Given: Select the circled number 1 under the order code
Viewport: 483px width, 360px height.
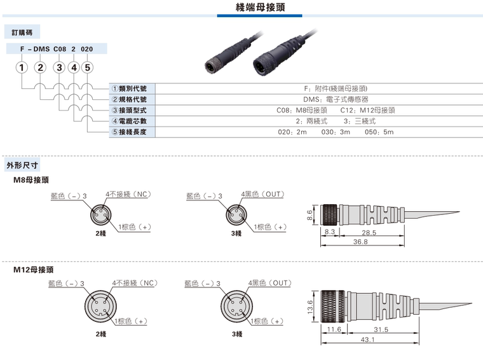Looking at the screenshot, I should point(22,67).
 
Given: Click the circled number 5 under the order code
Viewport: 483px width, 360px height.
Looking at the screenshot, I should point(87,67).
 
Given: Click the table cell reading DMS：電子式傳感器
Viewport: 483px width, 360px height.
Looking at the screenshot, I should point(336,99).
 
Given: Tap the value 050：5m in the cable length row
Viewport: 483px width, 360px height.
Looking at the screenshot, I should point(380,132).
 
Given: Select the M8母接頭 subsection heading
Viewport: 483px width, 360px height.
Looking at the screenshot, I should point(31,180).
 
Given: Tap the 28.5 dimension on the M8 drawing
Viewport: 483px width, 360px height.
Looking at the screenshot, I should point(369,233).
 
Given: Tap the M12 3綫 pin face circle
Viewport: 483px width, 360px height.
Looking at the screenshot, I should point(236,309).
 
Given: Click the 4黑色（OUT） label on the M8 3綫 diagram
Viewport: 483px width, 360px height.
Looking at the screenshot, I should point(261,193).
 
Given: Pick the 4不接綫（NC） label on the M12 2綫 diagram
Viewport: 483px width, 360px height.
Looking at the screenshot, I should point(135,282).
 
